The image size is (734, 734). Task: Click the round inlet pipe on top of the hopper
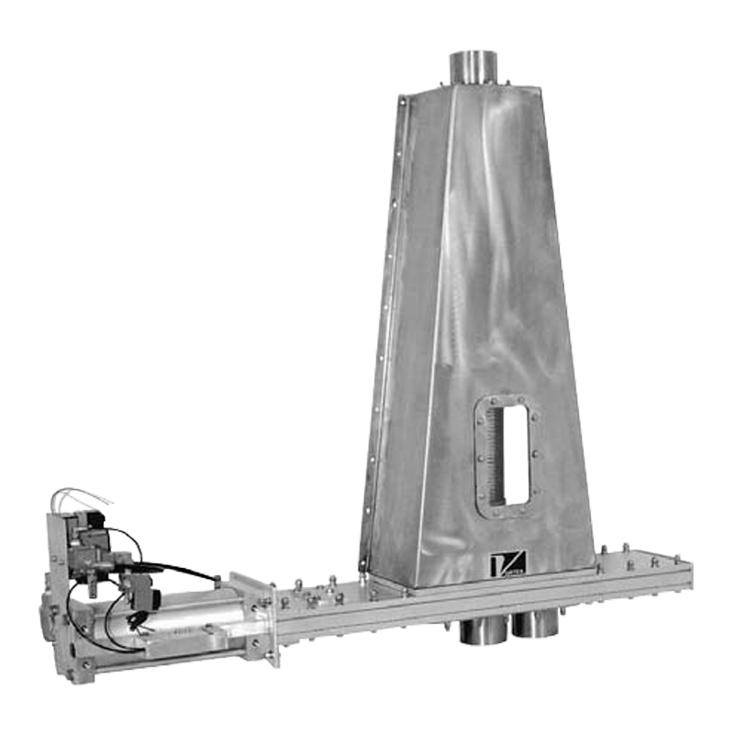[x=472, y=68]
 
